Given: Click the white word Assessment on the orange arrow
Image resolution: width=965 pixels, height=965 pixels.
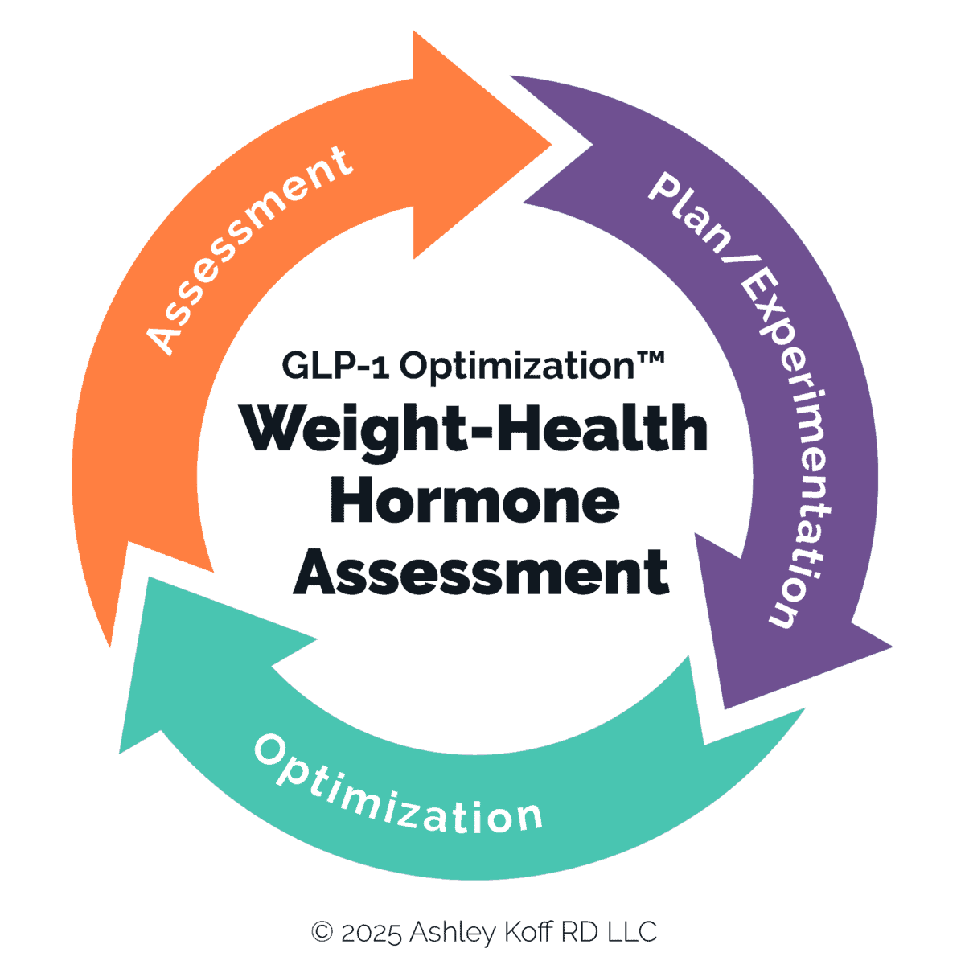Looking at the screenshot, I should pyautogui.click(x=250, y=249).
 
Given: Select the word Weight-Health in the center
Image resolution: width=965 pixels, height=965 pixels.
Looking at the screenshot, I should pyautogui.click(x=474, y=430).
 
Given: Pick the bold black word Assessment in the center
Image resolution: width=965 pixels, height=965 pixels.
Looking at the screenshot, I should pyautogui.click(x=481, y=573).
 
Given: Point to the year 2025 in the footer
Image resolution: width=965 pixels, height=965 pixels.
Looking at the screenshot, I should pyautogui.click(x=371, y=933).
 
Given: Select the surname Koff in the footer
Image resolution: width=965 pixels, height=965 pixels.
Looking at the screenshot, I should pyautogui.click(x=528, y=933).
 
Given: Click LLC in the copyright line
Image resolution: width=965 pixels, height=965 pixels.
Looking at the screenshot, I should pyautogui.click(x=631, y=933).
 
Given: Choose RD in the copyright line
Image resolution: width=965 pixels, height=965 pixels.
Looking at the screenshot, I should pyautogui.click(x=578, y=933).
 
